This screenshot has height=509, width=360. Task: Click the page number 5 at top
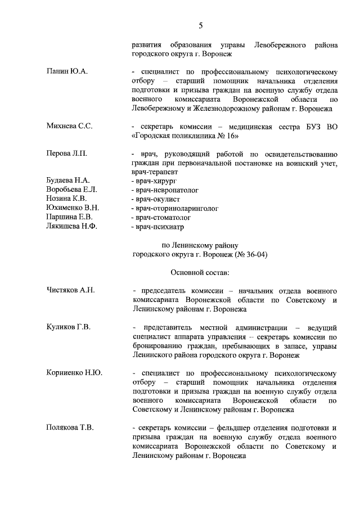click(200, 25)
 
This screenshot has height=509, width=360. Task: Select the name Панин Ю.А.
click(66, 72)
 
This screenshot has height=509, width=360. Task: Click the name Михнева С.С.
click(69, 126)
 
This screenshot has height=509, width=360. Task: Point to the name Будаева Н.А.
click(68, 180)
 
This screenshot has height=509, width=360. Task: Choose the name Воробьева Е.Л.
click(71, 189)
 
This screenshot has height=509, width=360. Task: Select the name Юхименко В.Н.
click(73, 208)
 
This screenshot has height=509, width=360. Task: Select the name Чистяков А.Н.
click(70, 290)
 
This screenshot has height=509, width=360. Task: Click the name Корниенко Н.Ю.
click(74, 372)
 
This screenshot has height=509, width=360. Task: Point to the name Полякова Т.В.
click(70, 427)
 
